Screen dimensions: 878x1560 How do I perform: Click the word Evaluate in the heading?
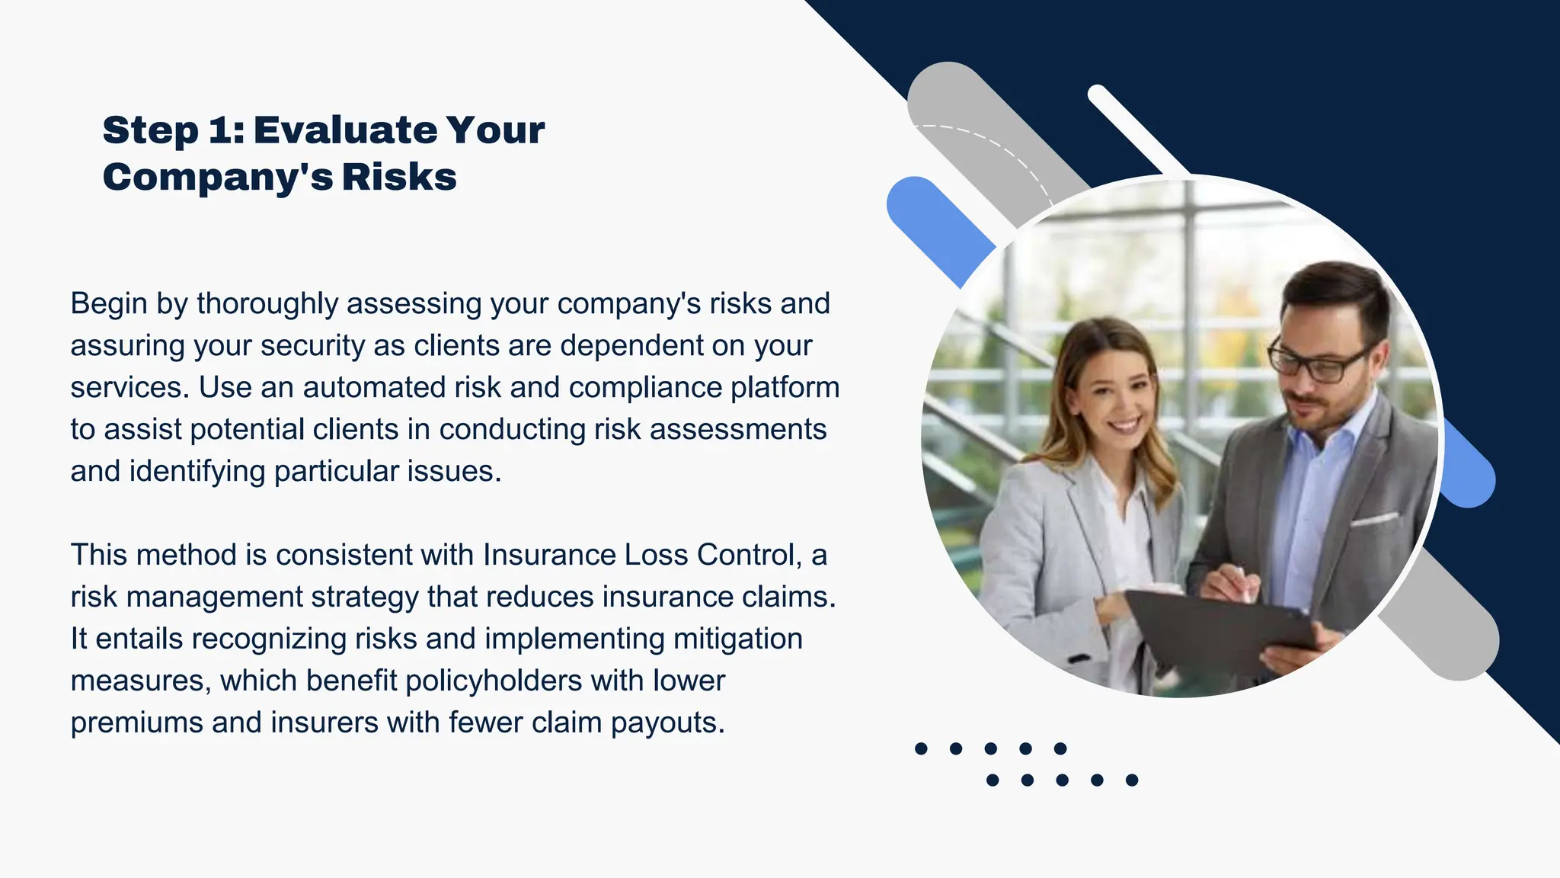click(345, 130)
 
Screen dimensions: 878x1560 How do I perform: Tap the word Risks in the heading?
click(399, 177)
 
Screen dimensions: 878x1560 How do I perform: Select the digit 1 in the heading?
click(221, 130)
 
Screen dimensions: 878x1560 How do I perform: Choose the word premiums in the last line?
click(137, 723)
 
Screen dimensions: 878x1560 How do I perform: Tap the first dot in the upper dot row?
click(921, 748)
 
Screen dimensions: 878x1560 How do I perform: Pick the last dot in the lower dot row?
click(1132, 780)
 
